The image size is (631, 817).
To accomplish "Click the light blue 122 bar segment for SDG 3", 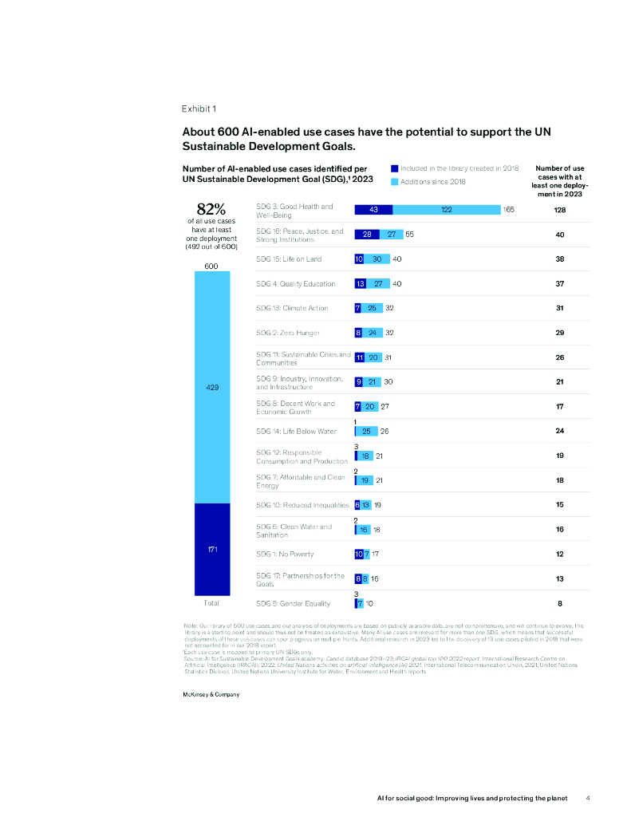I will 446,209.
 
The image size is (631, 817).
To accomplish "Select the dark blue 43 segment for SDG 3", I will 374,209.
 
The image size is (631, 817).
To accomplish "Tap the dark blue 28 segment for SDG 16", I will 368,235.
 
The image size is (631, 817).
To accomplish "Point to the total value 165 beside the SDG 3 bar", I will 509,209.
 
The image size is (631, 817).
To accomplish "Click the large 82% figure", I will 211,208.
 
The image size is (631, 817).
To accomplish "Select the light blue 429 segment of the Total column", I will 212,387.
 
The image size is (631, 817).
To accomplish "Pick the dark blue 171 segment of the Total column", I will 212,549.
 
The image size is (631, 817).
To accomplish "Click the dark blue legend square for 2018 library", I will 394,168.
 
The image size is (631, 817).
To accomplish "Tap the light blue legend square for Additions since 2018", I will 394,182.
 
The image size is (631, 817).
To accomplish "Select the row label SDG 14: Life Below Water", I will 296,432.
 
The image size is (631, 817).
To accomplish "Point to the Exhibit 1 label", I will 199,109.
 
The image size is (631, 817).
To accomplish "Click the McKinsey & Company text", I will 211,695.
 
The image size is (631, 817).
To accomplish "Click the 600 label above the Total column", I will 212,266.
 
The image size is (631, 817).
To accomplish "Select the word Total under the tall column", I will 212,603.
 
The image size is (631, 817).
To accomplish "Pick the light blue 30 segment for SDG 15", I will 377,259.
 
